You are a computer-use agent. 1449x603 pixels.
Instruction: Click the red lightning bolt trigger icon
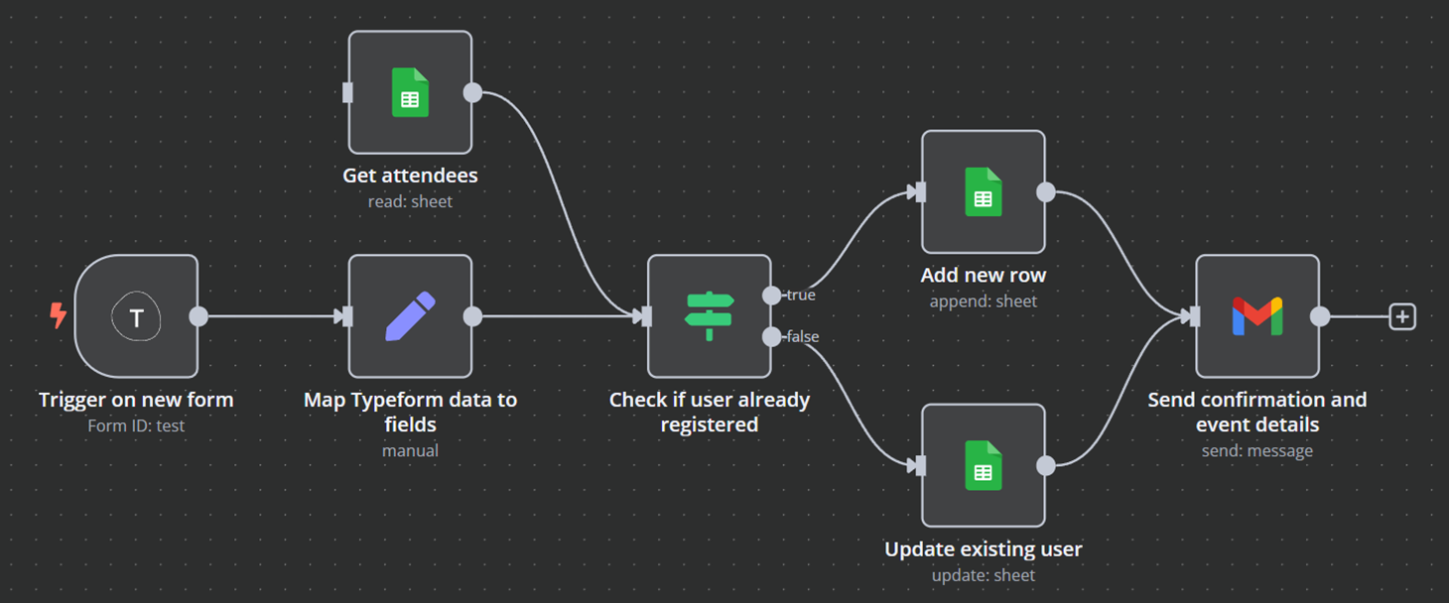(x=59, y=316)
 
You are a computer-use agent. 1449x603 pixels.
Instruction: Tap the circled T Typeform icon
(x=137, y=317)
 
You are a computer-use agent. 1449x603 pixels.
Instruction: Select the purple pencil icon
(x=410, y=316)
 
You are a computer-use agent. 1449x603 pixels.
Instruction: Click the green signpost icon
(x=710, y=316)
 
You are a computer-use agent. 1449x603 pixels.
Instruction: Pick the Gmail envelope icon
(x=1257, y=316)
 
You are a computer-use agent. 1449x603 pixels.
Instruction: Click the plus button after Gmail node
(x=1402, y=317)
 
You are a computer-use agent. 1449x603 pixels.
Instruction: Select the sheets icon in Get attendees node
(x=410, y=92)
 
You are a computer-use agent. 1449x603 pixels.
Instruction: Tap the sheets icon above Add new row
(x=984, y=192)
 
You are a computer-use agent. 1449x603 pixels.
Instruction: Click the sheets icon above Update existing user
(x=984, y=466)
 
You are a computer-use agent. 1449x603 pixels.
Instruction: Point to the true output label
(x=801, y=295)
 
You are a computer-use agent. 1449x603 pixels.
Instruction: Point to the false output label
(x=803, y=337)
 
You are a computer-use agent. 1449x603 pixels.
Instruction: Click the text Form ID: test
(x=136, y=425)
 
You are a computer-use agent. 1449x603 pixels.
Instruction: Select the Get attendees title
(x=410, y=176)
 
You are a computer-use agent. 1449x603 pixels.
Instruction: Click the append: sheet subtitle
(x=984, y=301)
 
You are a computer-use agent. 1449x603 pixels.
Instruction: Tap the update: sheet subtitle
(x=984, y=574)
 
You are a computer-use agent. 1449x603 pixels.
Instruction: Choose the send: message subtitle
(x=1257, y=450)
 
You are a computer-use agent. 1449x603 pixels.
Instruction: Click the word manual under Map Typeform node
(x=410, y=450)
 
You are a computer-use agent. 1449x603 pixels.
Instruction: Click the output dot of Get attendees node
(x=473, y=92)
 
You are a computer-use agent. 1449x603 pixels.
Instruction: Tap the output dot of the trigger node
(x=198, y=316)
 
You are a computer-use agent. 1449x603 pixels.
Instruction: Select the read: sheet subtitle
(x=410, y=201)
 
